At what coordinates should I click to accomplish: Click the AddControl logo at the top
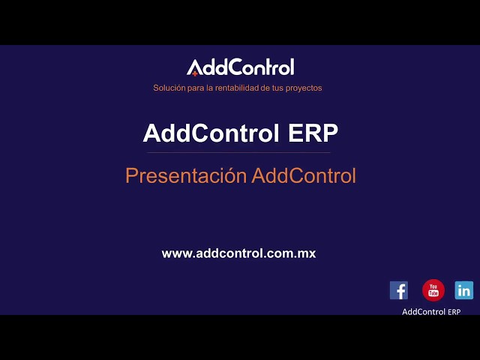[x=240, y=67]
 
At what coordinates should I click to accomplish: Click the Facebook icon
[x=399, y=290]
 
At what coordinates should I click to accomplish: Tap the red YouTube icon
[x=433, y=290]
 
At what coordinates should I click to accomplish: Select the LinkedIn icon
[x=464, y=290]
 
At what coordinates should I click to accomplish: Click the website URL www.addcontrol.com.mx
[x=238, y=253]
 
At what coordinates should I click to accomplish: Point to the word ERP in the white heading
[x=313, y=133]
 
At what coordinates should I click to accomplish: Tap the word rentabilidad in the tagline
[x=233, y=88]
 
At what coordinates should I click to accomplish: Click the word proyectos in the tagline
[x=303, y=88]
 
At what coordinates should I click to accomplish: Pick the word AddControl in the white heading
[x=213, y=133]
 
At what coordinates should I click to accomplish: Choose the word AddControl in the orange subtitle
[x=304, y=176]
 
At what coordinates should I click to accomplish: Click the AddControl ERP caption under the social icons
[x=431, y=312]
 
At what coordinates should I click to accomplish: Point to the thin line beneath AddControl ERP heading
[x=240, y=152]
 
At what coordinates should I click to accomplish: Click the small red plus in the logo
[x=195, y=73]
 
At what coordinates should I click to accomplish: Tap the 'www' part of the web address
[x=175, y=253]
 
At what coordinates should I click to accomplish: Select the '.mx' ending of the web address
[x=306, y=253]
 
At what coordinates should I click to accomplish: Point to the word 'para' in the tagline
[x=192, y=88]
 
